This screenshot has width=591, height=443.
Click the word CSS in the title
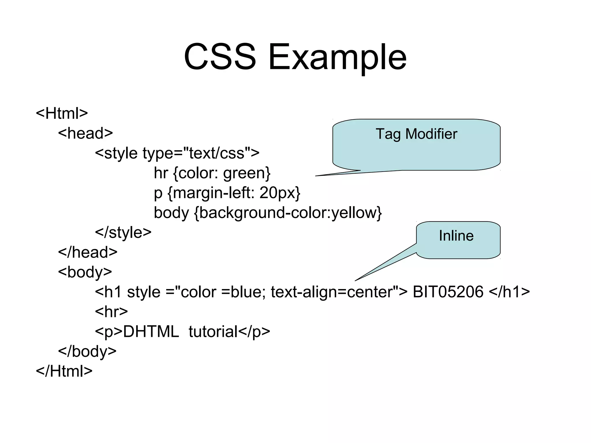pyautogui.click(x=220, y=57)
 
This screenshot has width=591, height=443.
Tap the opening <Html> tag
pyautogui.click(x=62, y=113)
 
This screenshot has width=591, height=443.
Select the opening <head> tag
pyautogui.click(x=85, y=133)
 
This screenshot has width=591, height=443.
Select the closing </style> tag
pyautogui.click(x=123, y=232)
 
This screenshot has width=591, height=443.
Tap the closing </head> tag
pyautogui.click(x=88, y=252)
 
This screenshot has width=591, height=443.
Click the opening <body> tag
pyautogui.click(x=85, y=272)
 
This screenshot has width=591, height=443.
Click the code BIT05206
pyautogui.click(x=448, y=292)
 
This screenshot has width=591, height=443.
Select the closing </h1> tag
pyautogui.click(x=510, y=292)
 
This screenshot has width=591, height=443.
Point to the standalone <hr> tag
pyautogui.click(x=111, y=311)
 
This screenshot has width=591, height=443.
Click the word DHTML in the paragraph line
pyautogui.click(x=151, y=332)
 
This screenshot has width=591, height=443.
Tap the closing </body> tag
pyautogui.click(x=87, y=351)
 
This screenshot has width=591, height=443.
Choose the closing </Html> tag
pyautogui.click(x=64, y=371)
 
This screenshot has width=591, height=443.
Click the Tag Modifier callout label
pyautogui.click(x=416, y=134)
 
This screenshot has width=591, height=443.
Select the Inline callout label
pyautogui.click(x=456, y=236)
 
